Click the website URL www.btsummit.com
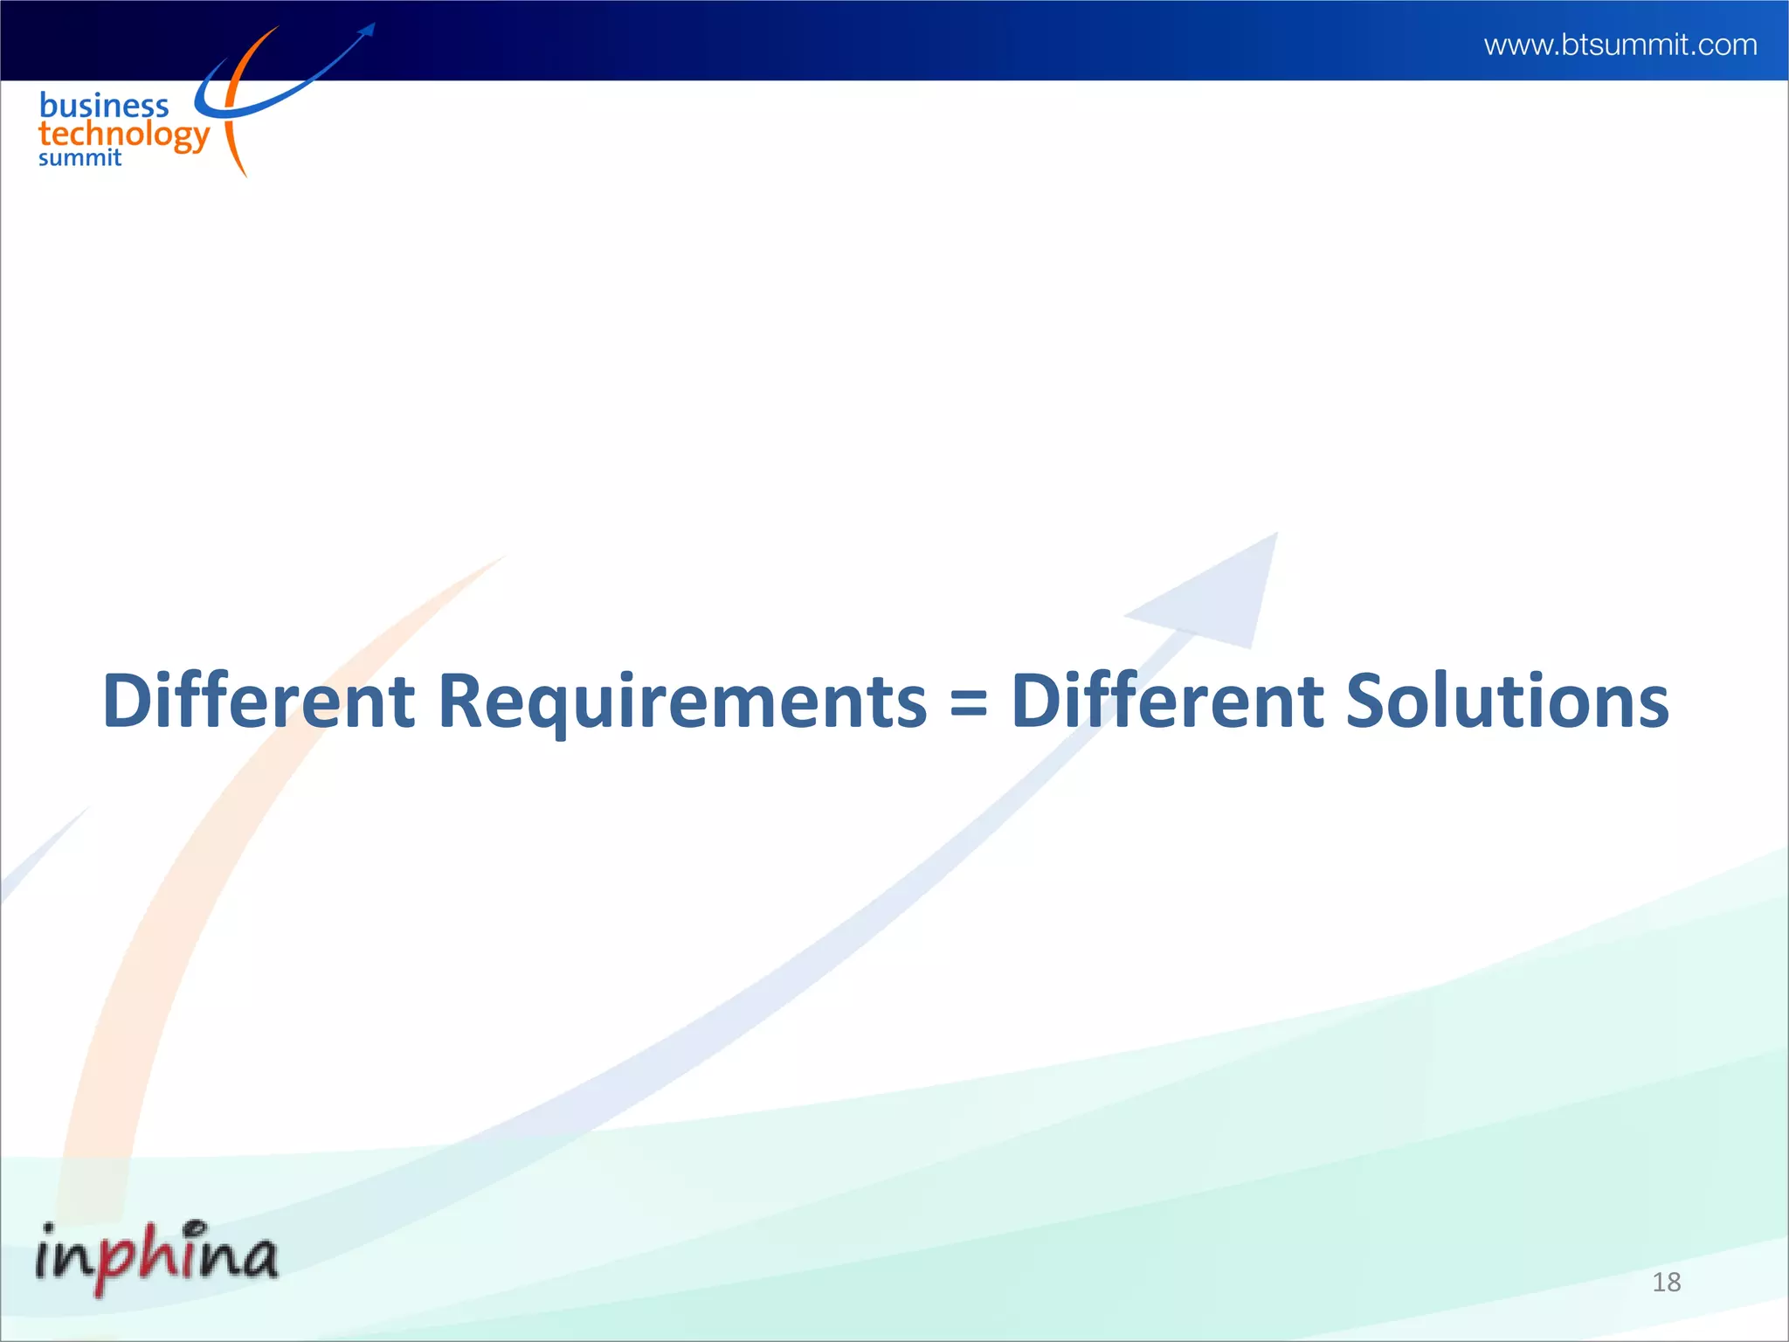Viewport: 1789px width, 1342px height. pyautogui.click(x=1620, y=45)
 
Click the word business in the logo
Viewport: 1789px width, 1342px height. pyautogui.click(x=104, y=106)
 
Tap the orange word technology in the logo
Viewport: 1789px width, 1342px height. pyautogui.click(x=124, y=135)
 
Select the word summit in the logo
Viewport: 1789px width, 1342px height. pyautogui.click(x=79, y=158)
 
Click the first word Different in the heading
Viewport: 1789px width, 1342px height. pyautogui.click(x=259, y=701)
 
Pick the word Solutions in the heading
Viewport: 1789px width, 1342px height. pyautogui.click(x=1507, y=701)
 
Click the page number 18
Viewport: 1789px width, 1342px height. pyautogui.click(x=1666, y=1282)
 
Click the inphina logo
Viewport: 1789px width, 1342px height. pyautogui.click(x=157, y=1257)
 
